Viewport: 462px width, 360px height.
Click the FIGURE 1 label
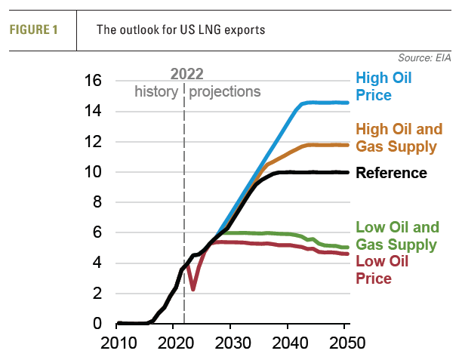[35, 30]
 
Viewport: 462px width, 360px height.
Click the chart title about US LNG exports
[180, 30]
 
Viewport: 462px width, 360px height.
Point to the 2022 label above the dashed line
[186, 74]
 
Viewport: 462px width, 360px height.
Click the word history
[156, 91]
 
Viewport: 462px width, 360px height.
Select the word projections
[225, 91]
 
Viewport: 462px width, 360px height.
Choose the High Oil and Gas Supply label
[399, 137]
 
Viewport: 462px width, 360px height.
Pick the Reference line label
[391, 173]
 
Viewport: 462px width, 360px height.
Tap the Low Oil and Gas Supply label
[397, 235]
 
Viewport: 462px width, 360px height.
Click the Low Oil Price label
[382, 269]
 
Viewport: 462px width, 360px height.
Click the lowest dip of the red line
[193, 288]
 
